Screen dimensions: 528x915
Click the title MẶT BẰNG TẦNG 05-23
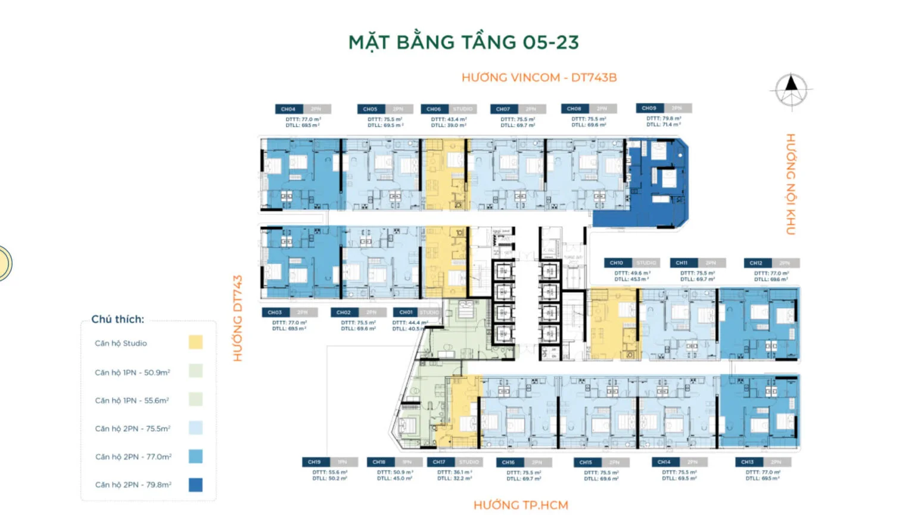463,42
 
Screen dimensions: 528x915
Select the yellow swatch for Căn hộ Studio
195,342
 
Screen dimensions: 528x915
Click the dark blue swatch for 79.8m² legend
195,484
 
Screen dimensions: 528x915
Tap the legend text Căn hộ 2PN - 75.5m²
132,428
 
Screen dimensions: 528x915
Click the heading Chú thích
117,319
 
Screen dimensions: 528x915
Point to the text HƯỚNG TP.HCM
521,505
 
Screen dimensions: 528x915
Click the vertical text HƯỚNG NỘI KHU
790,184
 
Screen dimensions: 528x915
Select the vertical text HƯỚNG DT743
238,318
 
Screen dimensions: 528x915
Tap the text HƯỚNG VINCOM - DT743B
539,77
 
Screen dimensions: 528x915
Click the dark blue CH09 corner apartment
655,182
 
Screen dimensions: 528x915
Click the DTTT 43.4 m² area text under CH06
449,119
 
